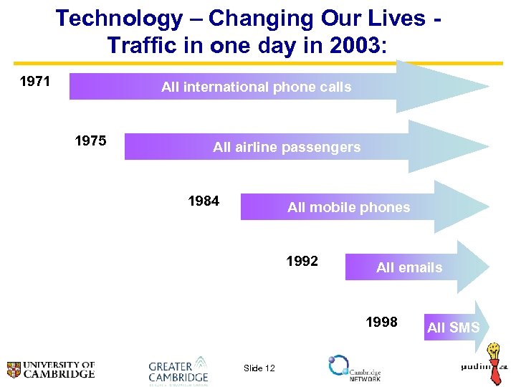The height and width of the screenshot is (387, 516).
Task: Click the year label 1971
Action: coord(34,81)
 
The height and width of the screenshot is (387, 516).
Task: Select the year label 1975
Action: coord(91,140)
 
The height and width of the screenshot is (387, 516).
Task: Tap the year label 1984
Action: coord(204,201)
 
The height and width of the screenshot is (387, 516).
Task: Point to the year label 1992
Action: coord(302,261)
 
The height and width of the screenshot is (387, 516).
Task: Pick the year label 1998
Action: coord(381,322)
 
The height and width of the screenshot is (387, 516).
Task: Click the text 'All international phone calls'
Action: coord(256,87)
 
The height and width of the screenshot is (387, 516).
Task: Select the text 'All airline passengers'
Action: coord(287,148)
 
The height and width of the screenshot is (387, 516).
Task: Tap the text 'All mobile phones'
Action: coord(348,208)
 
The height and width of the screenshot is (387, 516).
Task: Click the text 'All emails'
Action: coord(409,268)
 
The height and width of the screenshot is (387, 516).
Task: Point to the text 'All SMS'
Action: coord(453,328)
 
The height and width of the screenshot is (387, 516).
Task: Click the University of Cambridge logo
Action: coord(50,370)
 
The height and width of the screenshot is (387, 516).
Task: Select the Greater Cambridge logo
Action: coord(178,370)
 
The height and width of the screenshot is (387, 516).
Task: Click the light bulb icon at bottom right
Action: coord(494,354)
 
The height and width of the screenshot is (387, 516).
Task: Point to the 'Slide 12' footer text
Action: coord(259,368)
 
